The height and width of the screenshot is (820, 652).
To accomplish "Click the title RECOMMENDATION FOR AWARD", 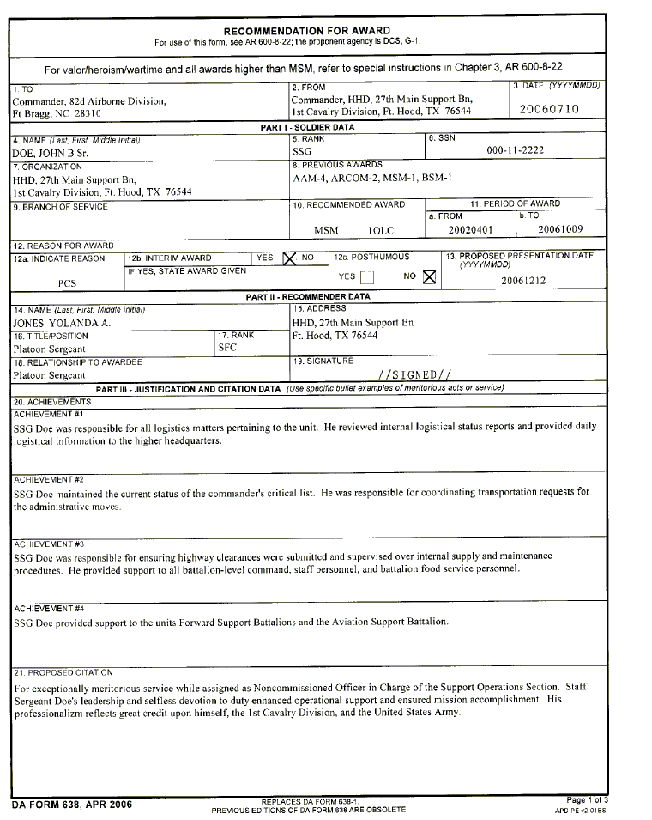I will click(x=306, y=31).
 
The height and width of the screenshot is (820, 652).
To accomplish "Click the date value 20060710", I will click(x=549, y=109).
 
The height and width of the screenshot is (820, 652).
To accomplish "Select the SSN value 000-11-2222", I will click(x=515, y=150).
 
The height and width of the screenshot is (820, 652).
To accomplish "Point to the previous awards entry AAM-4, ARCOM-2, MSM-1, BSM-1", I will click(x=372, y=178).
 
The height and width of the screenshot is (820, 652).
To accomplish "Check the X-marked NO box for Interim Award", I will click(x=289, y=257).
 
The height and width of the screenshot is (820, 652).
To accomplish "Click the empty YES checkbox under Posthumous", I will click(x=366, y=276).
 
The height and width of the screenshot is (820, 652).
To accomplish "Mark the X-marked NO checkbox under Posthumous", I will click(x=429, y=276).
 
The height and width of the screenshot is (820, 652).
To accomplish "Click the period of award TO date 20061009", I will click(x=559, y=229).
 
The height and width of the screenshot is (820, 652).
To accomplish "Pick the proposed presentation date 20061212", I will click(x=522, y=280).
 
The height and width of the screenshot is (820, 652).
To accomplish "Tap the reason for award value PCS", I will click(x=68, y=282).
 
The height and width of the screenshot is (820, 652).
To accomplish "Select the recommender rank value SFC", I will click(x=227, y=348).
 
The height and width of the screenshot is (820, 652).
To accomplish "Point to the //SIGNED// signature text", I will click(x=414, y=374).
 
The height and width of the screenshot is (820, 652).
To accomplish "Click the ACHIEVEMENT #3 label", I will click(x=49, y=544).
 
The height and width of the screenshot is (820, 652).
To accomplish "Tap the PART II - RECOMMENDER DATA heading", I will click(x=308, y=297).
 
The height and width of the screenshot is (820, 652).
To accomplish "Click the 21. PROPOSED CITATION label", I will click(x=63, y=672).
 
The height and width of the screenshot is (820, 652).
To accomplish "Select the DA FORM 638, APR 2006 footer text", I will click(x=72, y=805).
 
